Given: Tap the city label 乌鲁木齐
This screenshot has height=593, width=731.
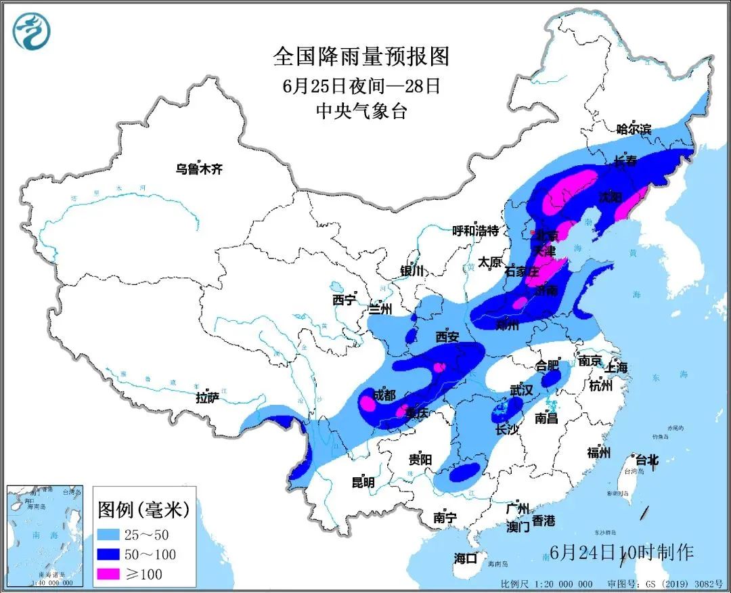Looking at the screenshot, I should (199, 169).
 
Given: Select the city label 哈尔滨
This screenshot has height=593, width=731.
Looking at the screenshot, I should (633, 129).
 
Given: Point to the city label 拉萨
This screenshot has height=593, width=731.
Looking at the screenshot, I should (208, 398).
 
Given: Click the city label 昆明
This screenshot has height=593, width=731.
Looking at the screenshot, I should (363, 483).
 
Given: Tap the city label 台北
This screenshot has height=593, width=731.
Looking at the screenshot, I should (645, 460).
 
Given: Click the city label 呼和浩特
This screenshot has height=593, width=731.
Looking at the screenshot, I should (475, 230).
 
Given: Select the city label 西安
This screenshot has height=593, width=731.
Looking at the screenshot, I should (447, 336).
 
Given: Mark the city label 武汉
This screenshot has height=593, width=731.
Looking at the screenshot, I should (521, 391).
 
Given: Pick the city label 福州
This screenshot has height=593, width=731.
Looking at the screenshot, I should (600, 453).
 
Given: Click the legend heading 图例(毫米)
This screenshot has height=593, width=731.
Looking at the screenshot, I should (143, 508).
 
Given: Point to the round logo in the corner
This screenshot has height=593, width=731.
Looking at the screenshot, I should (32, 32).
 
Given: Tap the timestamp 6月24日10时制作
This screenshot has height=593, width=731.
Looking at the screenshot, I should (622, 552).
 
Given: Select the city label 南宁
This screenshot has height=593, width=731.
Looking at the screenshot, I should (445, 518).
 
